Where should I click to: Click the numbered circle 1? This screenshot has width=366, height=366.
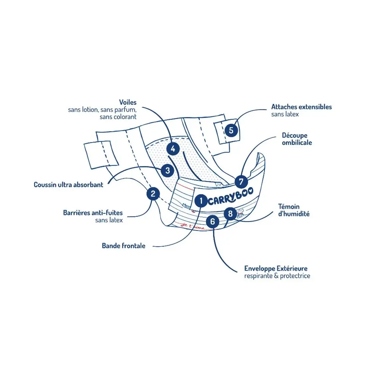pos(201,201)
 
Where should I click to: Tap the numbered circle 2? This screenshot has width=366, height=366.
pos(153,193)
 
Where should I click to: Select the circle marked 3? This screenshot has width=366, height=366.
pos(167,171)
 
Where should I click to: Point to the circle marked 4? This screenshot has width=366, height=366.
pos(173,149)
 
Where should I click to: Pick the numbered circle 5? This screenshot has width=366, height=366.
pos(231,130)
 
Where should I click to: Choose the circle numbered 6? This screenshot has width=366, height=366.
pos(213,221)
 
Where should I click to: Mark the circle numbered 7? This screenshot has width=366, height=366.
pos(241,182)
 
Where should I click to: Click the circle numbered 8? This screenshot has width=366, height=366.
pos(230,213)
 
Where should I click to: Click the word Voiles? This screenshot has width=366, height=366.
pos(128,102)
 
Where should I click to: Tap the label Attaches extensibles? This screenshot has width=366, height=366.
pos(301,107)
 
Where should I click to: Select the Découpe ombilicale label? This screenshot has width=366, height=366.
pos(297,139)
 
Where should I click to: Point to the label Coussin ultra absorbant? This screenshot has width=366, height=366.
pos(69,185)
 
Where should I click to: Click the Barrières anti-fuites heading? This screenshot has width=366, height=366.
pos(93,213)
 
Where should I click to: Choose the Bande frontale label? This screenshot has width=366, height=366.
pos(123,246)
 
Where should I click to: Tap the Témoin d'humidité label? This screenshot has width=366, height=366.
pos(293,210)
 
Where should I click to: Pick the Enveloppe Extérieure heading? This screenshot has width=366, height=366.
pos(276,269)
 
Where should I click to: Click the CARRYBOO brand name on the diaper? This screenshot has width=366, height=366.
pos(231,197)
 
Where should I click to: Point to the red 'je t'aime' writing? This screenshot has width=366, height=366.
pos(193,226)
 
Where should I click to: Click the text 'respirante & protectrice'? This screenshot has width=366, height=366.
pos(277,276)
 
